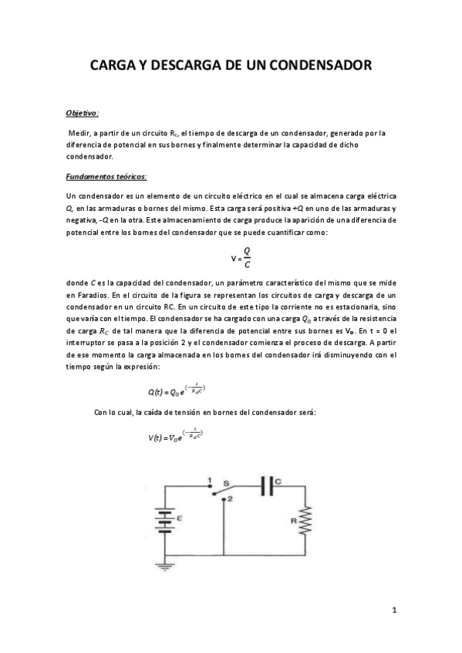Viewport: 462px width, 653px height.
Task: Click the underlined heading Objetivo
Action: click(x=83, y=112)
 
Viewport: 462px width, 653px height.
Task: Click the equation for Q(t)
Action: click(x=177, y=390)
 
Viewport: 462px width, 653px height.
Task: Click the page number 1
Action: click(x=394, y=611)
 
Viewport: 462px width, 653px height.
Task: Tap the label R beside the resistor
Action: click(x=293, y=521)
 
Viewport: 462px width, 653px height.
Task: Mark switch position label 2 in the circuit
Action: click(x=230, y=500)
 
